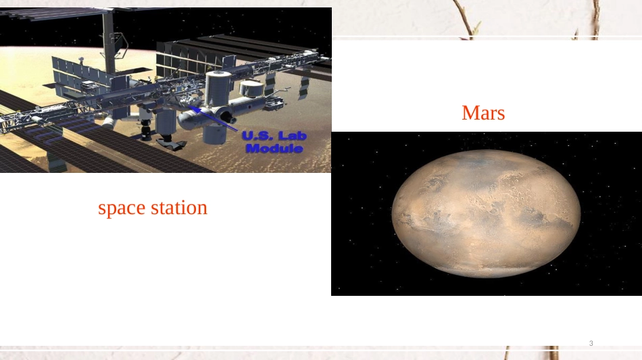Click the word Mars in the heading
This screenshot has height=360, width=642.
tap(483, 113)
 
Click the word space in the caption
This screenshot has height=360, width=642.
tap(122, 208)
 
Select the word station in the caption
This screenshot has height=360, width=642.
tap(179, 207)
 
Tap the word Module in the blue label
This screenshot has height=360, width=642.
tap(274, 149)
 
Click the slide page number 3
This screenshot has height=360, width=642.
tap(591, 343)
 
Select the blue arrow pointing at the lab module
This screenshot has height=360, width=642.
tap(214, 118)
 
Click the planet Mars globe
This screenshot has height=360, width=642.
tap(486, 213)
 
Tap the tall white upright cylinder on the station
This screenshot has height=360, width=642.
tap(218, 87)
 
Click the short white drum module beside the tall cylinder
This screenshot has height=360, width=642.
tap(251, 88)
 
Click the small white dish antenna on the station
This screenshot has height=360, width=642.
tap(81, 59)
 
